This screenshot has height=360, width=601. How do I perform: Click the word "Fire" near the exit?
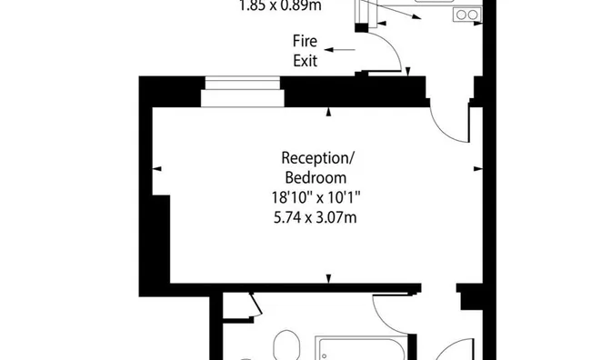305,41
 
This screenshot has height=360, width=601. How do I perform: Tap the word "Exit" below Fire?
305,61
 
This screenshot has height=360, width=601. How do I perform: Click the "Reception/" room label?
314,157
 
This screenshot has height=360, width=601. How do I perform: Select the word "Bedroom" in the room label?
315,176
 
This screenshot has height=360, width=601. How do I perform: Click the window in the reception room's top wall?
241,93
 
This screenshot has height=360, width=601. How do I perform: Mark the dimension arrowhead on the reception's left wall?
157,169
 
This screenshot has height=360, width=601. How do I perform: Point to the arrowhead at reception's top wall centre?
329,114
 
